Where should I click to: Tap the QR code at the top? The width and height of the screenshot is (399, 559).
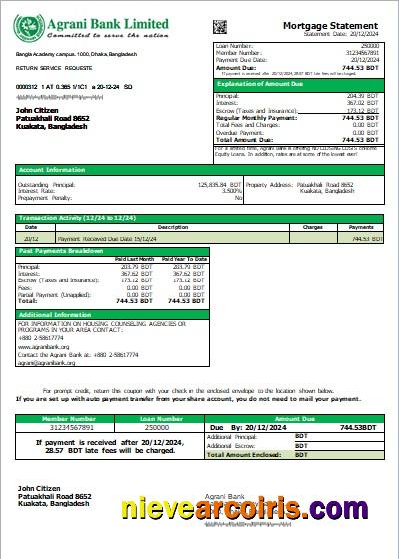(x=248, y=21)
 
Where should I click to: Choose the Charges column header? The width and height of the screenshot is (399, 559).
(x=312, y=227)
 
